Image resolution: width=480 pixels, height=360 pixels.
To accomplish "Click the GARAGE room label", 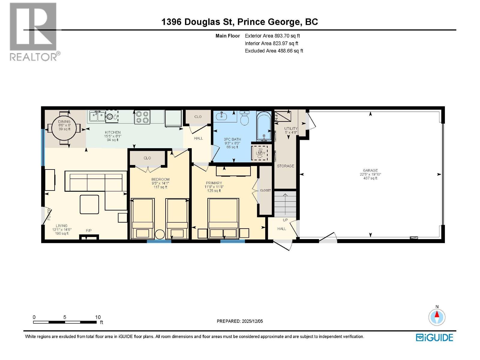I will pos(370,170).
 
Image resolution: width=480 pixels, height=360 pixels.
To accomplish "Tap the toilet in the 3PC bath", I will pos(245,118).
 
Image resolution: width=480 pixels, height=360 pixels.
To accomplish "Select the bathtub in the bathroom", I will pos(264,126).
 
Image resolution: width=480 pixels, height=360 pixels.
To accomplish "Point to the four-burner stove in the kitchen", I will pos(142,117).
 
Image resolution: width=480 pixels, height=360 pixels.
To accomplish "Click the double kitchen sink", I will pos(97,116).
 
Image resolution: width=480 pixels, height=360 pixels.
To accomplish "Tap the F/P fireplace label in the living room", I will pos(89,231).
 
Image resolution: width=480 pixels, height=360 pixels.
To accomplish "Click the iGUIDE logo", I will pos(434,337).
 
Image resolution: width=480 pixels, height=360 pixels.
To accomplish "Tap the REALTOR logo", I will pos(33,31).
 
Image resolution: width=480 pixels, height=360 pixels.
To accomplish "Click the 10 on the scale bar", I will pos(98,317).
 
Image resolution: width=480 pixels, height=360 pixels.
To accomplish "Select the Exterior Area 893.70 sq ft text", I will pos(272,36).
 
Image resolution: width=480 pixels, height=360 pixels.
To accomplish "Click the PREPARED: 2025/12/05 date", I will pos(240,321).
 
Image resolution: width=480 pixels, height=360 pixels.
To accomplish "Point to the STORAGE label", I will pos(285,166).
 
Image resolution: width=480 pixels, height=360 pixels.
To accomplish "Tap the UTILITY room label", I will pos(291,128).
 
